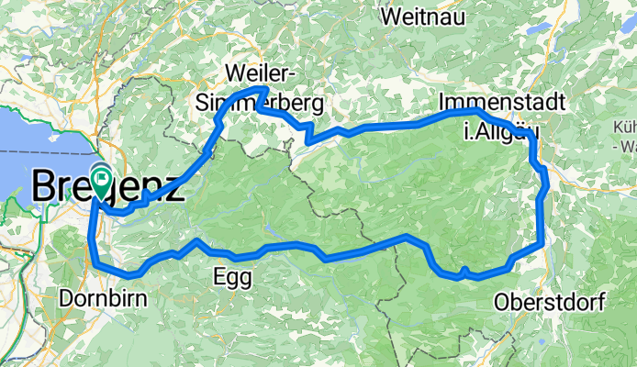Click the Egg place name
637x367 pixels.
tap(230, 275)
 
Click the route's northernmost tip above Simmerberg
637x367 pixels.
tap(263, 89)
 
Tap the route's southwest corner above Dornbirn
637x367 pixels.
tap(95, 263)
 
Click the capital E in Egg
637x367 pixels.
tap(219, 274)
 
